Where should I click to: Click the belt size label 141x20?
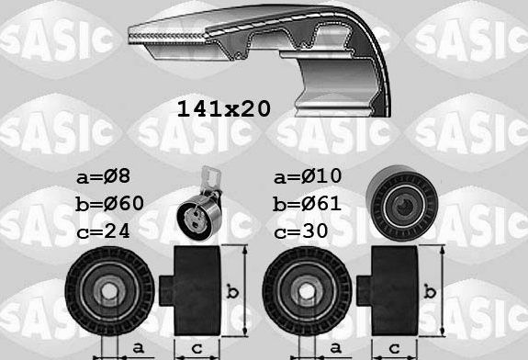[223, 109]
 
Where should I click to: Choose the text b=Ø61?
[309, 203]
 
